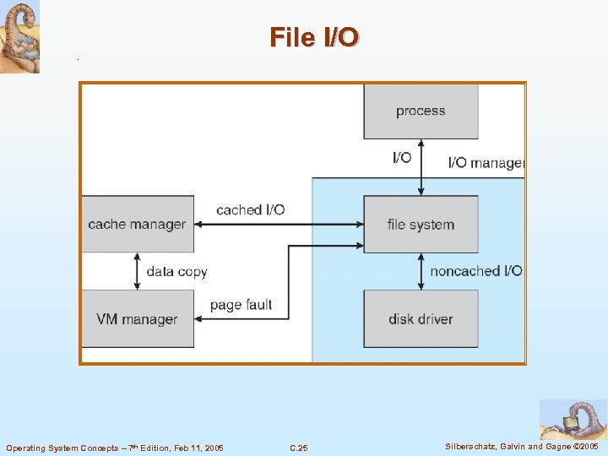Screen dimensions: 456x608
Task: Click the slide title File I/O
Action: [x=314, y=37]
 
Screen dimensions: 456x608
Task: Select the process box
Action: [x=421, y=111]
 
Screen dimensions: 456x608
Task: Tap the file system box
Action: [x=421, y=225]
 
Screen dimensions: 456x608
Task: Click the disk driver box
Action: [x=421, y=319]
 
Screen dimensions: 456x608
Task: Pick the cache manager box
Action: [x=137, y=225]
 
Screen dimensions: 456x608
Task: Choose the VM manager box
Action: [x=137, y=319]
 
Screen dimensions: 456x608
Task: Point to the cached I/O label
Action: [x=251, y=209]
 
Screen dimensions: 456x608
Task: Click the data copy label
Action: [x=176, y=272]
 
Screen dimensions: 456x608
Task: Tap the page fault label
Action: [x=241, y=305]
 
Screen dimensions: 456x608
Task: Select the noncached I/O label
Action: [x=476, y=271]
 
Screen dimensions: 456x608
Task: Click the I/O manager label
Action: [x=486, y=162]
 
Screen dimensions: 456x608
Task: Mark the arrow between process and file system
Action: [x=421, y=167]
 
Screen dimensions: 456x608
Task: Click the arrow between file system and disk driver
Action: [x=421, y=271]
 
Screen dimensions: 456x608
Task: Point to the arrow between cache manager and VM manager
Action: [x=137, y=271]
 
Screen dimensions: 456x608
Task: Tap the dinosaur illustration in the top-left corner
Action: [x=19, y=37]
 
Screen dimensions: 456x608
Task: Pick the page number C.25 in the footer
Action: [x=298, y=448]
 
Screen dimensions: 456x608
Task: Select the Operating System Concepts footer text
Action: [x=115, y=448]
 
